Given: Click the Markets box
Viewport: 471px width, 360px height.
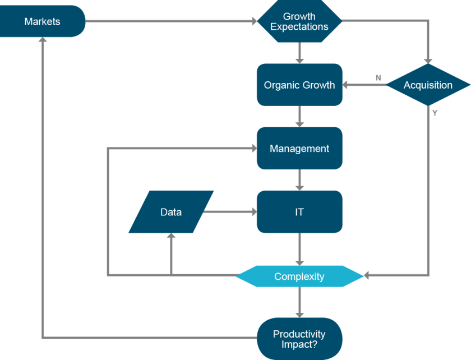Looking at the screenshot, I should [42, 22].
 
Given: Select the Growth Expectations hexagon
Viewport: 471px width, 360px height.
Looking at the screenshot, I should [299, 22].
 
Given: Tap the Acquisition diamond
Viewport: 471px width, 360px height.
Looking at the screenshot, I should [428, 85].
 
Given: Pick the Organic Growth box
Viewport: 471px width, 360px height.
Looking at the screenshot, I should [299, 85].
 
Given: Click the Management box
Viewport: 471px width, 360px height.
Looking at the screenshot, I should [299, 149].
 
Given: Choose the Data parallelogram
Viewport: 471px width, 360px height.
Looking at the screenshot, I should [171, 212].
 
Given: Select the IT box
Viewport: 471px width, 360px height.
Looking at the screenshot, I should [299, 212].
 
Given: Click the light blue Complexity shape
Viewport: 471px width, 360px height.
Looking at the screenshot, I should [299, 276].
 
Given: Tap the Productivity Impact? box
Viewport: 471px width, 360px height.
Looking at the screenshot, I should [299, 339].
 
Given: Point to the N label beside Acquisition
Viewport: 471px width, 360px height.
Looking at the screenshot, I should [378, 78].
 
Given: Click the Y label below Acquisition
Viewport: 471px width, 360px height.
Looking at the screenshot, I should [435, 113].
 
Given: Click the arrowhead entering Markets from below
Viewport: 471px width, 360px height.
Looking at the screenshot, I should [43, 41].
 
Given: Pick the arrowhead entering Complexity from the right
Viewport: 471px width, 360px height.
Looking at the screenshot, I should [367, 275].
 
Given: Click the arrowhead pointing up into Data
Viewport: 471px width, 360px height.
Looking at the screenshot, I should [171, 237].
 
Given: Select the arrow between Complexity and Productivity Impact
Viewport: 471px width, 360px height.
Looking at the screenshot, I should [300, 303].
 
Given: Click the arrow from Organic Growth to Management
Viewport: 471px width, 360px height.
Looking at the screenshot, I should [300, 117].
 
